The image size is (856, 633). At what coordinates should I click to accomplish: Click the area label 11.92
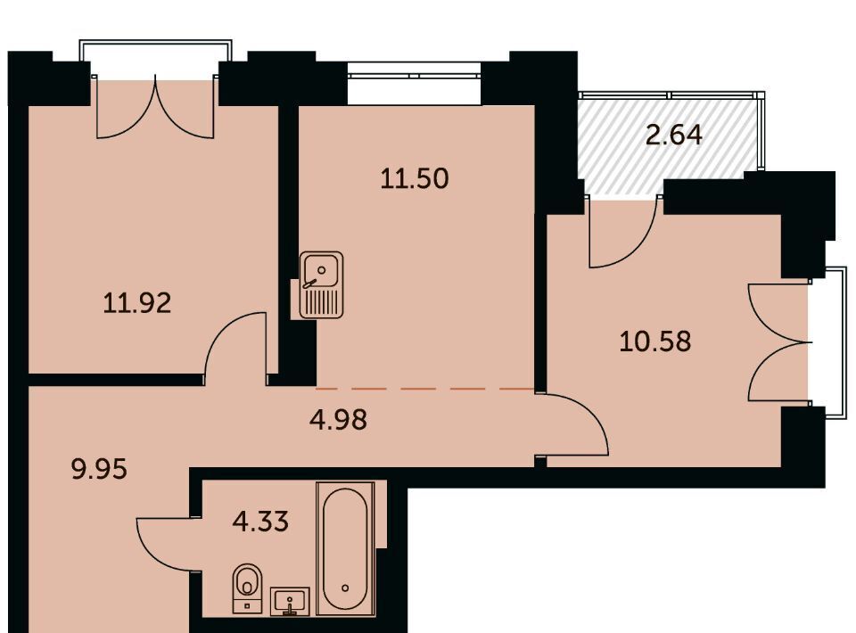coord(137,303)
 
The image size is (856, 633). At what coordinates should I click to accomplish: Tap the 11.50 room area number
coord(415,178)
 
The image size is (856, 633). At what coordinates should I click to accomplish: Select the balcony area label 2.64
coord(674,135)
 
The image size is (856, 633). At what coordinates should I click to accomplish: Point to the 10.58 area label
coord(655,341)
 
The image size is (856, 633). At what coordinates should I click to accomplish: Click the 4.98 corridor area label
coord(339,420)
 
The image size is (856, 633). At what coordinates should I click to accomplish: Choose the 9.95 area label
coord(99,469)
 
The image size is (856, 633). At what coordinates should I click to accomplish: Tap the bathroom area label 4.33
coord(260,522)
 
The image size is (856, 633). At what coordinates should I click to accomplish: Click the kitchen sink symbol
coord(322,284)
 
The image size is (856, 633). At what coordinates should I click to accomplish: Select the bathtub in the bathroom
coord(345,548)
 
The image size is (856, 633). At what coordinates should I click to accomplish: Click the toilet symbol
coord(247,588)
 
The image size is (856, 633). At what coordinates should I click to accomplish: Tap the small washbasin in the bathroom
coord(290,601)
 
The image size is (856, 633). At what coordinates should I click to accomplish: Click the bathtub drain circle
coord(345,588)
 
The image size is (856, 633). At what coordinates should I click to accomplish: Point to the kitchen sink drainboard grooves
coord(322,302)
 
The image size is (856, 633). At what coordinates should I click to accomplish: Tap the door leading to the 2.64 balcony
coord(622,234)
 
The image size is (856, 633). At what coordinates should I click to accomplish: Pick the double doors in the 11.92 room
coord(155,107)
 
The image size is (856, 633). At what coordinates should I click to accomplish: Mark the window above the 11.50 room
coord(415,84)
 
